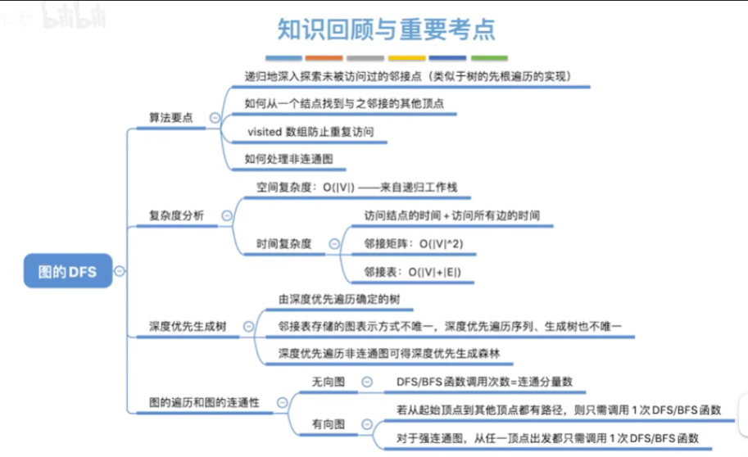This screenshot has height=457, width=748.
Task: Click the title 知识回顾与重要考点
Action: [x=386, y=29]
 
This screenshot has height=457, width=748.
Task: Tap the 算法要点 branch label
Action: [x=170, y=118]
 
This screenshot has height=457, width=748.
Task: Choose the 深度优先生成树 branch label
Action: [x=187, y=326]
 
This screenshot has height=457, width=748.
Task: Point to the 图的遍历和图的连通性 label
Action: [x=204, y=403]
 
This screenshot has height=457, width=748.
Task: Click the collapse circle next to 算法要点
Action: [x=215, y=118]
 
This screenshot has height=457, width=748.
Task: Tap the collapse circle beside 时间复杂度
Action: [x=333, y=243]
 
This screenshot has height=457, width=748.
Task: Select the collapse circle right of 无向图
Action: [x=366, y=382]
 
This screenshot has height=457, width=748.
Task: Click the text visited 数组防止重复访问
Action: [x=304, y=131]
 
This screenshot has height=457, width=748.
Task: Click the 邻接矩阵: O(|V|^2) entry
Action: [x=419, y=243]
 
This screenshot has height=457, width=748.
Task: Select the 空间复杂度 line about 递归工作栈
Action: [x=351, y=187]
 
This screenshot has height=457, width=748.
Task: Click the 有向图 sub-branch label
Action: [x=328, y=423]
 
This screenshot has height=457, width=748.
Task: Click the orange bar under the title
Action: [x=324, y=58]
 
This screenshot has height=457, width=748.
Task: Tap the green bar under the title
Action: [x=489, y=58]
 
